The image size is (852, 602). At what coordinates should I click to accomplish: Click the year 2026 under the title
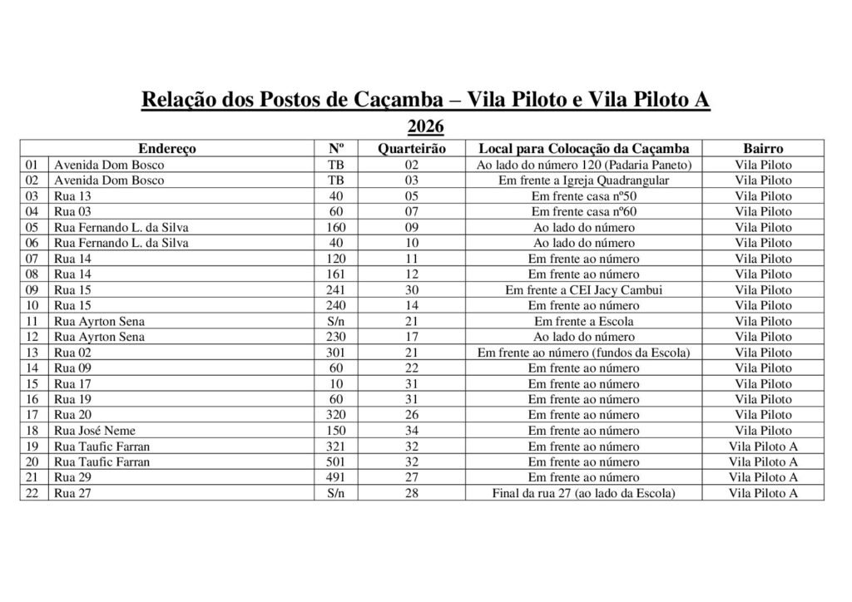pyautogui.click(x=425, y=127)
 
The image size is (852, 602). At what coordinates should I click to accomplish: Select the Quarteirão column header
pyautogui.click(x=411, y=149)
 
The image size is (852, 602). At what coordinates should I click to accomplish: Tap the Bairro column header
pyautogui.click(x=763, y=149)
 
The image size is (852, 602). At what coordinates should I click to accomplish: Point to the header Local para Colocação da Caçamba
pyautogui.click(x=583, y=149)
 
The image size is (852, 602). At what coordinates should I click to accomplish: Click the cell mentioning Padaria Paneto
pyautogui.click(x=583, y=165)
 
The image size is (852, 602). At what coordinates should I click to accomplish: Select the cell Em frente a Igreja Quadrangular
pyautogui.click(x=583, y=180)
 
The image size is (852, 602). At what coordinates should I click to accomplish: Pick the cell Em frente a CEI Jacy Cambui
pyautogui.click(x=583, y=290)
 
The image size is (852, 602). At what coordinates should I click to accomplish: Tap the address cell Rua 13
pyautogui.click(x=71, y=196)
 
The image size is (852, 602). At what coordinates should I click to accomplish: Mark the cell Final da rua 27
pyautogui.click(x=583, y=493)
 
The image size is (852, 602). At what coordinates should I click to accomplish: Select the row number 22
pyautogui.click(x=33, y=493)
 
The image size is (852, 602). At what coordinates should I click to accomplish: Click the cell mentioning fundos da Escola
pyautogui.click(x=583, y=353)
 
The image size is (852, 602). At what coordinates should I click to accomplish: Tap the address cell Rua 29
pyautogui.click(x=71, y=477)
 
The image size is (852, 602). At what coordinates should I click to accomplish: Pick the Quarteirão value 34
pyautogui.click(x=411, y=431)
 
